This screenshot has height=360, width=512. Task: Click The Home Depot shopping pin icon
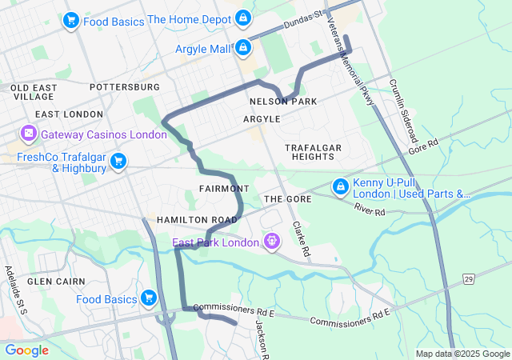pos(243,18)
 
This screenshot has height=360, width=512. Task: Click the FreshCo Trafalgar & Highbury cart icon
pos(118,162)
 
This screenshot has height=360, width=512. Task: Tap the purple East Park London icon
pos(272,240)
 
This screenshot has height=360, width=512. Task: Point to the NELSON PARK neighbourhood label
pos(282,102)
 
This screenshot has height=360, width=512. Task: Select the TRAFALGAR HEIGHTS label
pos(314,152)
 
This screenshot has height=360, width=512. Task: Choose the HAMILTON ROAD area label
pos(197,219)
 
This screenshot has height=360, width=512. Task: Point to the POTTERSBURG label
pos(125,86)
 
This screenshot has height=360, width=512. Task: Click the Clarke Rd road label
pos(301,238)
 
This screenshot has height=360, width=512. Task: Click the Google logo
pos(27,350)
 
